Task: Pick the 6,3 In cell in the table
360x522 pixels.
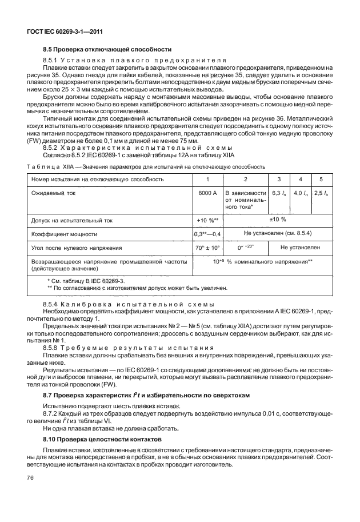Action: tap(278, 194)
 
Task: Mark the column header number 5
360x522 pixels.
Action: tap(321, 179)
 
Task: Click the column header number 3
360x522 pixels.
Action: tap(278, 179)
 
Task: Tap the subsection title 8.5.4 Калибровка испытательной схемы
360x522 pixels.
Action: tap(129, 304)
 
